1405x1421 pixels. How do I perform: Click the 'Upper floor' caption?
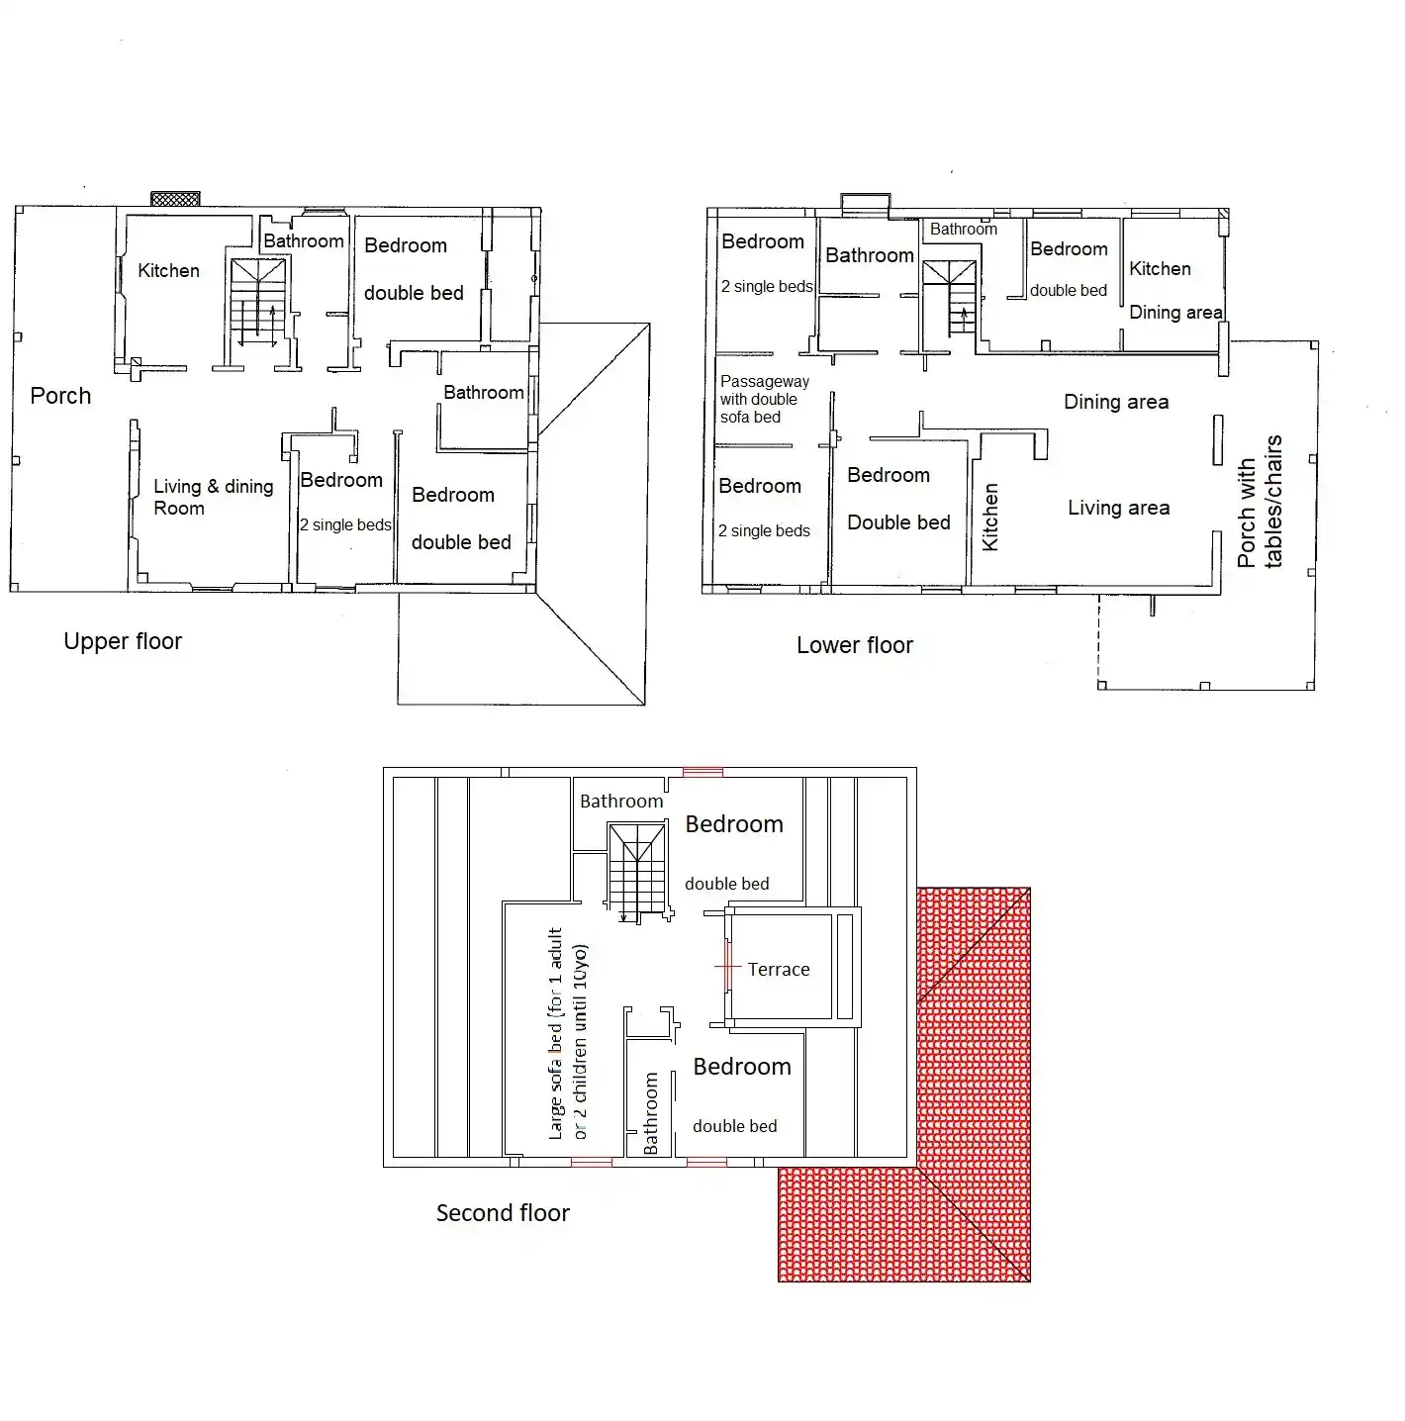click(x=123, y=641)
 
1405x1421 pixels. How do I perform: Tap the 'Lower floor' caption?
click(x=854, y=645)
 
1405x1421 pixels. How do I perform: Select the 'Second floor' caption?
click(x=503, y=1213)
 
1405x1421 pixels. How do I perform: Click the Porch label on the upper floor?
click(x=60, y=396)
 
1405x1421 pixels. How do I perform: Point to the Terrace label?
click(x=778, y=969)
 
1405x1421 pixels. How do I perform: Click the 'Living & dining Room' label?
click(x=213, y=497)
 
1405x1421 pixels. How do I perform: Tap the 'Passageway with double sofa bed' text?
click(x=764, y=399)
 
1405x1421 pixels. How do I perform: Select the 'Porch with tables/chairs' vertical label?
click(x=1259, y=502)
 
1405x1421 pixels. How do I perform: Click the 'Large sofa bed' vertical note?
click(x=568, y=1034)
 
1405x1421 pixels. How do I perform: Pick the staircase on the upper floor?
click(x=257, y=303)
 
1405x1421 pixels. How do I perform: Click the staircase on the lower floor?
click(x=949, y=297)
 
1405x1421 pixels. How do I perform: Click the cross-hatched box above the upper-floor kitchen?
click(x=175, y=198)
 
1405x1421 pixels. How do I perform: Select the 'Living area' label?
click(x=1118, y=508)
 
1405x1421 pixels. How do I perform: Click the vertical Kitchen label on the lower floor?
click(x=989, y=517)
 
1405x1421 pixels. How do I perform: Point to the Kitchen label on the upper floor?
click(x=168, y=270)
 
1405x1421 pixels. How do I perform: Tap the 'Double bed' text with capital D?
click(x=898, y=522)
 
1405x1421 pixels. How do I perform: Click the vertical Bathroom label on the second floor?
click(x=650, y=1113)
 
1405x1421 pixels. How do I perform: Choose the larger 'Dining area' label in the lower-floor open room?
click(x=1116, y=402)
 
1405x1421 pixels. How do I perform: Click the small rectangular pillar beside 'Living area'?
click(x=1218, y=440)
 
